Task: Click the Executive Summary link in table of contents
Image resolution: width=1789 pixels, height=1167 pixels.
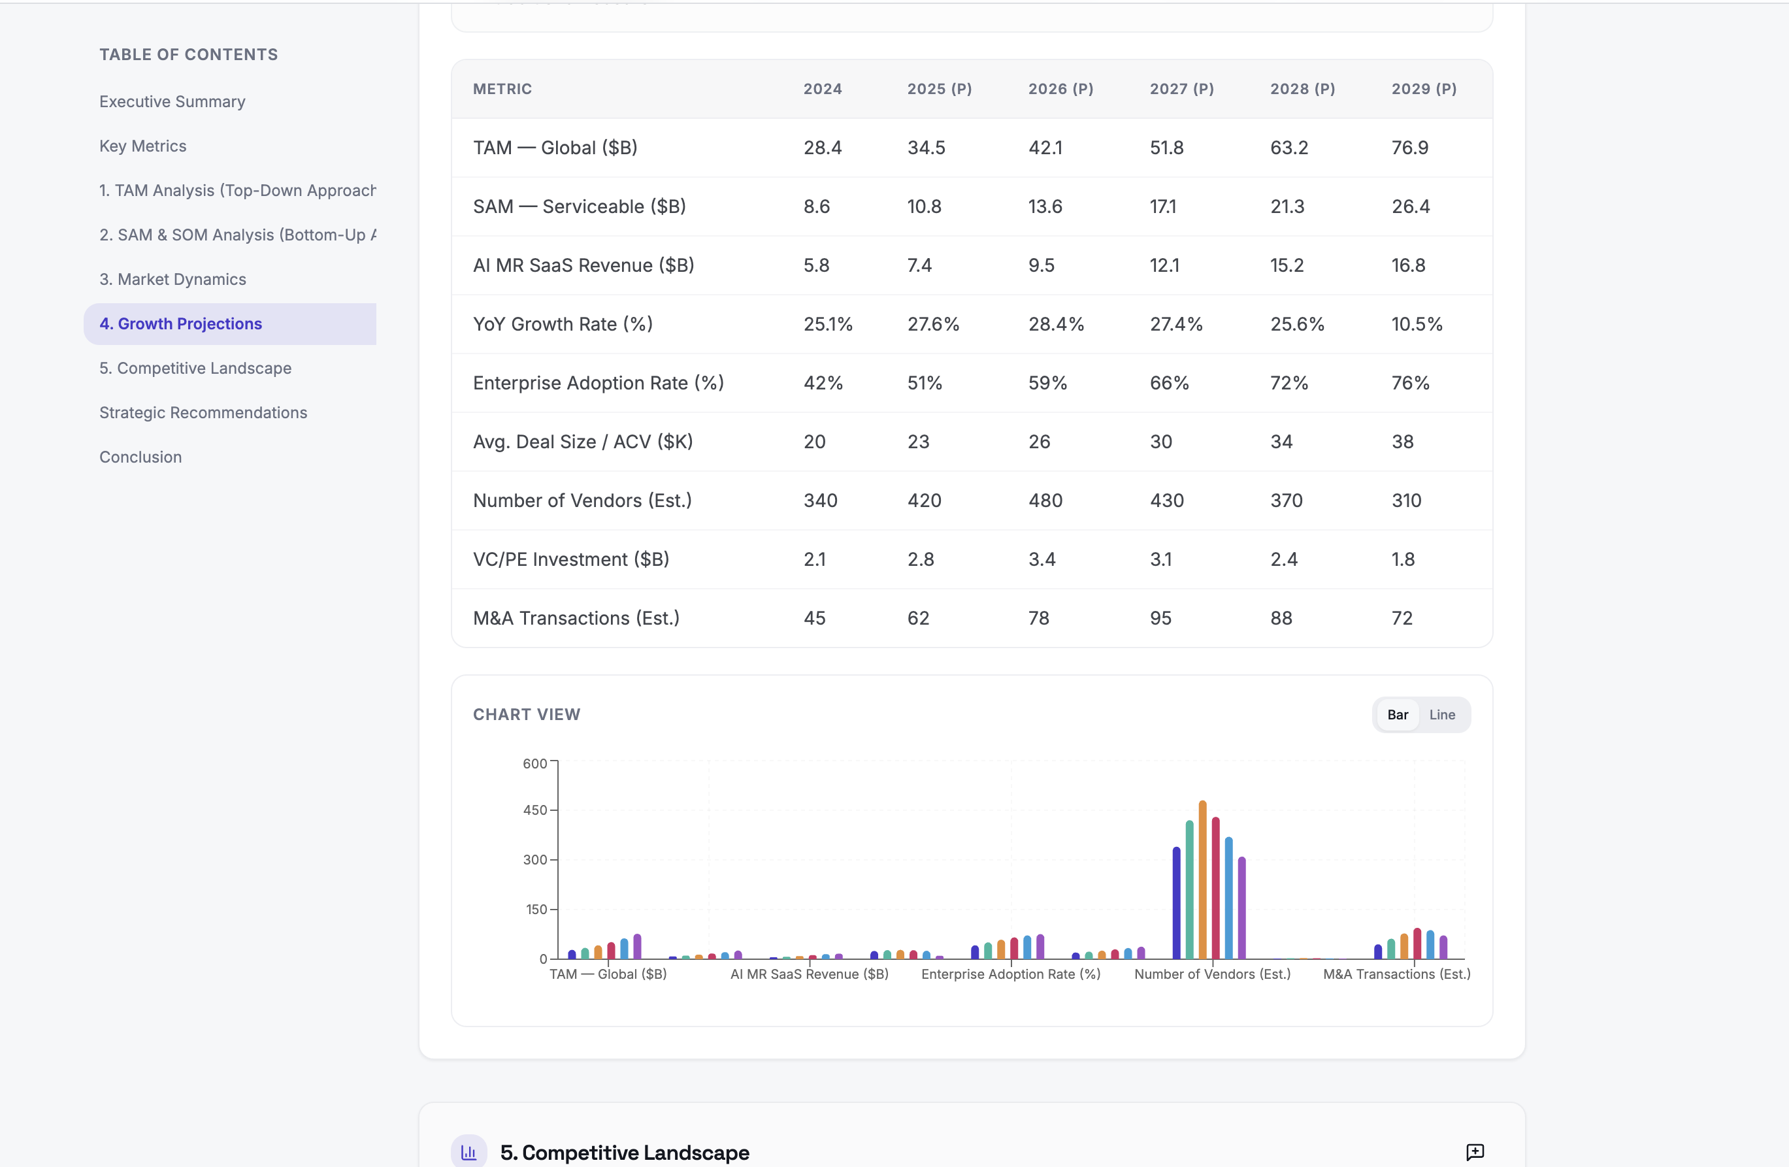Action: tap(172, 101)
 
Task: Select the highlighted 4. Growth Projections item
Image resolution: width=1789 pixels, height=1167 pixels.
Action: tap(180, 323)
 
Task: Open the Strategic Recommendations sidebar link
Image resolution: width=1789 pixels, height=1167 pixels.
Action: tap(203, 412)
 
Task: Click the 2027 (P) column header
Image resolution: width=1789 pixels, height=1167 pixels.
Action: tap(1181, 89)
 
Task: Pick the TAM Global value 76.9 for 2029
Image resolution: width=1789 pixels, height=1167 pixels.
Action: tap(1409, 148)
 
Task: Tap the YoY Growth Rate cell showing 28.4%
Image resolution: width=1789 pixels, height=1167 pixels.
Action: tap(1056, 324)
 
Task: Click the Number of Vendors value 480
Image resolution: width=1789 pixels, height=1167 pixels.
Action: tap(1045, 500)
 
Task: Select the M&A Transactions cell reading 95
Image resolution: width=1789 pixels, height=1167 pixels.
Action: tap(1160, 618)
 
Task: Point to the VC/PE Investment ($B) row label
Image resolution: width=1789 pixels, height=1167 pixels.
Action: tap(570, 559)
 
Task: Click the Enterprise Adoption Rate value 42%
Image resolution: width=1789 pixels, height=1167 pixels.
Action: tap(823, 383)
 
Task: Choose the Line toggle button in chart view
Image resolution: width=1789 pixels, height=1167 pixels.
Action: tap(1442, 714)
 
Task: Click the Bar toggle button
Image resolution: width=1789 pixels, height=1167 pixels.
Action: tap(1398, 714)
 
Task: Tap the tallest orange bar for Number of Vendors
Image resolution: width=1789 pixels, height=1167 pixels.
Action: tap(1203, 879)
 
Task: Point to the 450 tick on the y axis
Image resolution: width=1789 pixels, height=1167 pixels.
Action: tap(535, 810)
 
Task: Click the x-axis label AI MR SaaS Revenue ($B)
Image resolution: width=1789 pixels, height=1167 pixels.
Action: tap(809, 974)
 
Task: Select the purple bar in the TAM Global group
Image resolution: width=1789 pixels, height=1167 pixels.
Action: tap(638, 947)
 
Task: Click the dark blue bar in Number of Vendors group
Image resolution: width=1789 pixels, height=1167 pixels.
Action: tap(1176, 902)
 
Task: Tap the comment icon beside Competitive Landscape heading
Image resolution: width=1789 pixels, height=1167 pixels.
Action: tap(1475, 1152)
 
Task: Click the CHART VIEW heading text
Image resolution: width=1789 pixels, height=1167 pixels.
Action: tap(526, 714)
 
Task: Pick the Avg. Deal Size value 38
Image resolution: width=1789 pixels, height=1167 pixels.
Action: tap(1402, 442)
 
